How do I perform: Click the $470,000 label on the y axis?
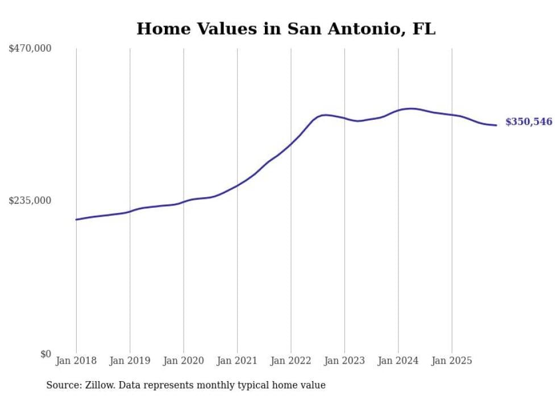pyautogui.click(x=30, y=49)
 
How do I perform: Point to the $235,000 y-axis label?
pyautogui.click(x=30, y=200)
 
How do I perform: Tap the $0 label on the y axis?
pyautogui.click(x=45, y=354)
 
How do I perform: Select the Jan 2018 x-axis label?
pyautogui.click(x=76, y=361)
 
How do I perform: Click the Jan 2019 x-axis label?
pyautogui.click(x=130, y=361)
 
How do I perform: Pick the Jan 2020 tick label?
pyautogui.click(x=184, y=361)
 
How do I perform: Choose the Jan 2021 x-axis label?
pyautogui.click(x=237, y=361)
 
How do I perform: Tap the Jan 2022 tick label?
pyautogui.click(x=291, y=361)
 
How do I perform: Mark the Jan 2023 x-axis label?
pyautogui.click(x=344, y=361)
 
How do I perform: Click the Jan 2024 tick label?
pyautogui.click(x=398, y=361)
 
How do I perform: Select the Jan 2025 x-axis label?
pyautogui.click(x=452, y=361)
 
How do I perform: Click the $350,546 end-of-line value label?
pyautogui.click(x=529, y=122)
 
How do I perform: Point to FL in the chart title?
pyautogui.click(x=424, y=29)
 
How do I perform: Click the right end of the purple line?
pyautogui.click(x=497, y=125)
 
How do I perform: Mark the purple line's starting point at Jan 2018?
pyautogui.click(x=76, y=219)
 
